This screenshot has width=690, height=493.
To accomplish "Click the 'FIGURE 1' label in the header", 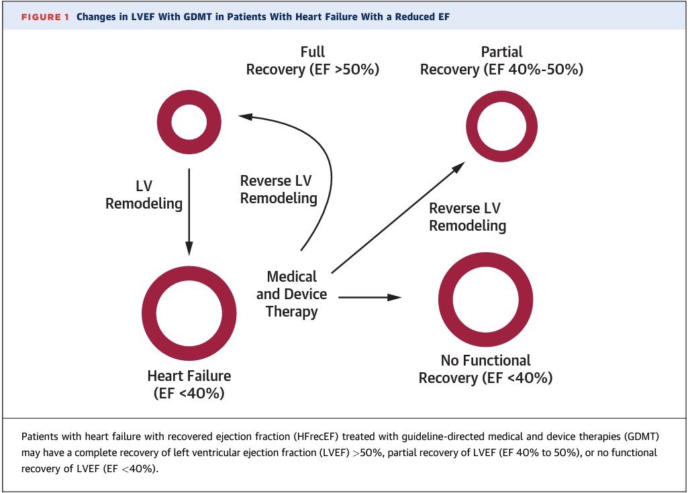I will (x=44, y=17).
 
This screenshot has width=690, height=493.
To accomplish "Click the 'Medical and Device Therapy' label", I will (x=291, y=294).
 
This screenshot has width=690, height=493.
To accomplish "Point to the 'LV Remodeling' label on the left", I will (x=144, y=195).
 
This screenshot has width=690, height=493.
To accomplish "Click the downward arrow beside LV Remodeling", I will (x=189, y=211).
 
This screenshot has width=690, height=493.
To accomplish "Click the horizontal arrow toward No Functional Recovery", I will (x=369, y=296).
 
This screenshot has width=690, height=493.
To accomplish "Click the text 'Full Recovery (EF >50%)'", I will (x=313, y=61).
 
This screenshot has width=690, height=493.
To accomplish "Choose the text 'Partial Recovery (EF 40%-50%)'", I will (x=501, y=61).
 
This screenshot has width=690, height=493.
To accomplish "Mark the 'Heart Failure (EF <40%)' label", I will (x=189, y=384).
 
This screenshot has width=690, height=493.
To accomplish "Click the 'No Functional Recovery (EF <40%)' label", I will (x=485, y=369).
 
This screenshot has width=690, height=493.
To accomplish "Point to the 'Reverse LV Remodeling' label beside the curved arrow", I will (x=279, y=190).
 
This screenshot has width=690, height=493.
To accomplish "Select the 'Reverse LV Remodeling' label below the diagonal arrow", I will (x=467, y=217).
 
